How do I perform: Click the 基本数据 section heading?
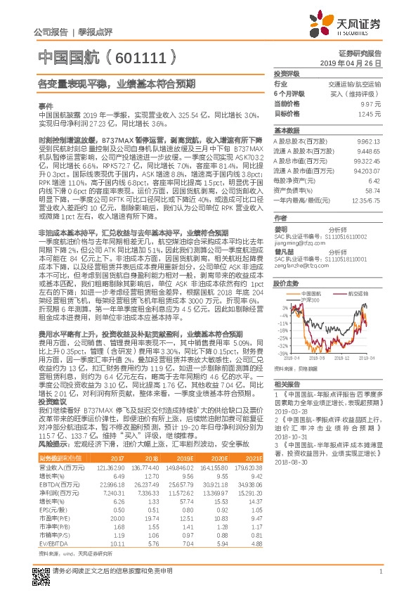[x=286, y=131]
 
